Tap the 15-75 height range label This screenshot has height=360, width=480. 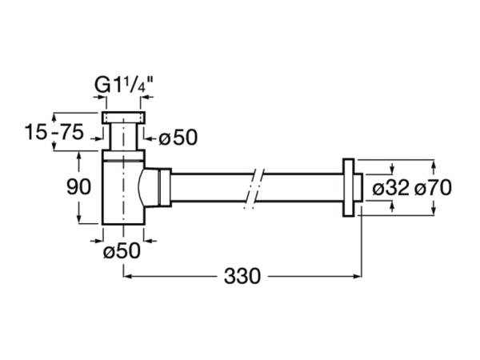[54, 132]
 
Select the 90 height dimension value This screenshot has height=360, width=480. [78, 187]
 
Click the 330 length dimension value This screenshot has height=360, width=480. [242, 276]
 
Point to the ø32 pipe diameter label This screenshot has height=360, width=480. [390, 187]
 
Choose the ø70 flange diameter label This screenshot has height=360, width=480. [433, 187]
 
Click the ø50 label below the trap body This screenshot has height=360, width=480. [122, 251]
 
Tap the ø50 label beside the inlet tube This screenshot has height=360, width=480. [178, 138]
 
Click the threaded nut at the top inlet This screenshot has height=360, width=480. [123, 118]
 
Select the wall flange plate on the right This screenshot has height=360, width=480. [348, 188]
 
